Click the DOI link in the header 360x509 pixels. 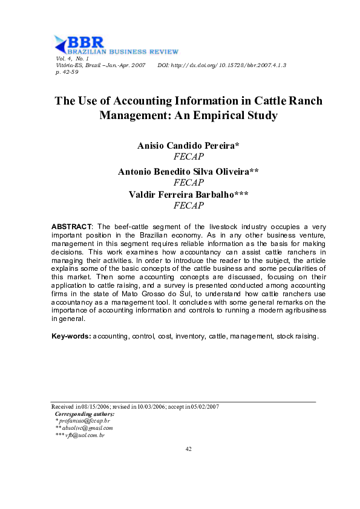(x=221, y=64)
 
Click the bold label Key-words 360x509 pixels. (x=71, y=336)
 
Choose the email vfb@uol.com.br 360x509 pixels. (x=85, y=435)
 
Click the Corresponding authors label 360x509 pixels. (x=84, y=413)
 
